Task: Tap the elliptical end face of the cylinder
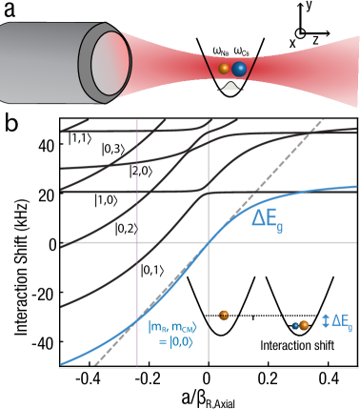click(x=105, y=62)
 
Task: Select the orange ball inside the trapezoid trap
click(x=225, y=69)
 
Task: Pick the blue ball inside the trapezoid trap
click(x=239, y=69)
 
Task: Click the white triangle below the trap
click(x=230, y=86)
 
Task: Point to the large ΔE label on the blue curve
click(x=268, y=218)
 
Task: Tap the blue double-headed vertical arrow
click(x=326, y=321)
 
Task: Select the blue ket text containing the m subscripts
click(x=172, y=328)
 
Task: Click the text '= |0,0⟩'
click(x=171, y=342)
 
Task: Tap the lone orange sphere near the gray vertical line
click(x=224, y=315)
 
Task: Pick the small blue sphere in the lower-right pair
click(x=296, y=326)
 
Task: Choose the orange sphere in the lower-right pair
click(x=304, y=325)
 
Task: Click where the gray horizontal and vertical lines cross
click(x=209, y=242)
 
